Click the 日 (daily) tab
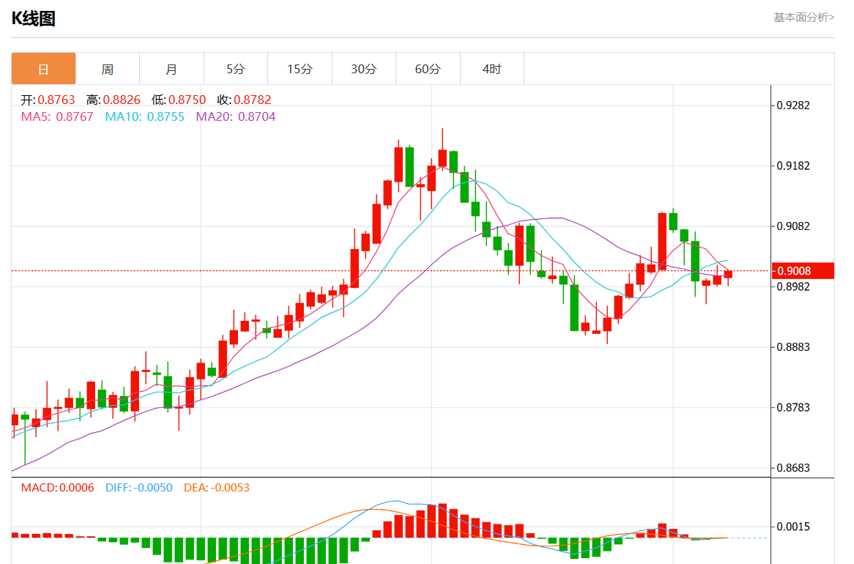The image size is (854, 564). pyautogui.click(x=43, y=69)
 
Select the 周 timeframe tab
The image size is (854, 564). pyautogui.click(x=108, y=69)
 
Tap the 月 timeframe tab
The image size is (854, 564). pyautogui.click(x=171, y=69)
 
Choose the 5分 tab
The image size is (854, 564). pyautogui.click(x=236, y=69)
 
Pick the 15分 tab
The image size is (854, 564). pyautogui.click(x=300, y=69)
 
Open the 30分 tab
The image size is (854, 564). pyautogui.click(x=364, y=69)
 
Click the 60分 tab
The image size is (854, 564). pyautogui.click(x=428, y=69)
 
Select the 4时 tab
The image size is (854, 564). pyautogui.click(x=492, y=69)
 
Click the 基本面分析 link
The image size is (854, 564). pyautogui.click(x=803, y=17)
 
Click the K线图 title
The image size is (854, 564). pyautogui.click(x=34, y=19)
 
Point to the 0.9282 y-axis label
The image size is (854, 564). pyautogui.click(x=793, y=105)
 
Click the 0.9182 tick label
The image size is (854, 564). pyautogui.click(x=793, y=166)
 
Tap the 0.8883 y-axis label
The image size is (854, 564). pyautogui.click(x=793, y=346)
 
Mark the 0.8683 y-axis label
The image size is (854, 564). pyautogui.click(x=793, y=467)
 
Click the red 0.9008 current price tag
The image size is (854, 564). pyautogui.click(x=803, y=271)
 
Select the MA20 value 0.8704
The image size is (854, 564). pyautogui.click(x=257, y=116)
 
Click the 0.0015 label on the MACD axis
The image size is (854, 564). pyautogui.click(x=793, y=527)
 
